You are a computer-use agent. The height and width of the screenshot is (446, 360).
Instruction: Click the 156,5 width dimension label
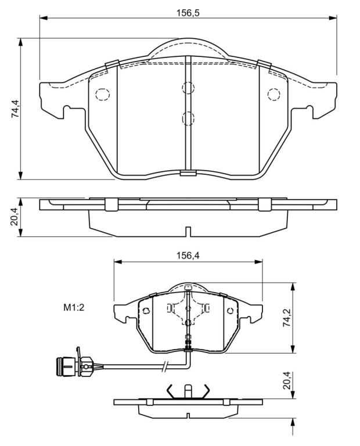188,13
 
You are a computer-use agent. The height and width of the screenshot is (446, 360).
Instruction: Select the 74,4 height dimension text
15,109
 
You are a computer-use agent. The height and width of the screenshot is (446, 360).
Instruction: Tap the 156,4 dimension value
188,256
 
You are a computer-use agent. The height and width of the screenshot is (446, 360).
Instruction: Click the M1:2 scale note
74,307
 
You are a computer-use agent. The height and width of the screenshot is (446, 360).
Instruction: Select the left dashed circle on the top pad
102,94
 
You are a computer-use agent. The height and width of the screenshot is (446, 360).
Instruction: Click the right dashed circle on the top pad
274,94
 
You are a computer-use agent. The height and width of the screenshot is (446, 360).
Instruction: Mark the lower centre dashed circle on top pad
188,118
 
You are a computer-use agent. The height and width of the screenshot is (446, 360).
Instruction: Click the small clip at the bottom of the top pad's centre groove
188,172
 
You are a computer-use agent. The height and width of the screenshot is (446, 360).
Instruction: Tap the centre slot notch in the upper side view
188,232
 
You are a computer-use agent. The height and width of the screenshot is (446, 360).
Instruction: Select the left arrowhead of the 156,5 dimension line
43,18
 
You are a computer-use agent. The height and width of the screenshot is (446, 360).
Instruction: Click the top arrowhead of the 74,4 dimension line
20,42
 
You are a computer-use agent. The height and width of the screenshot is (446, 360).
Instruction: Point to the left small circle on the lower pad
146,311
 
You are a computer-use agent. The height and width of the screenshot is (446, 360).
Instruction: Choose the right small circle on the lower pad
230,311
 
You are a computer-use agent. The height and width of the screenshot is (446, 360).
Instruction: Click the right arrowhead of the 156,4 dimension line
258,261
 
